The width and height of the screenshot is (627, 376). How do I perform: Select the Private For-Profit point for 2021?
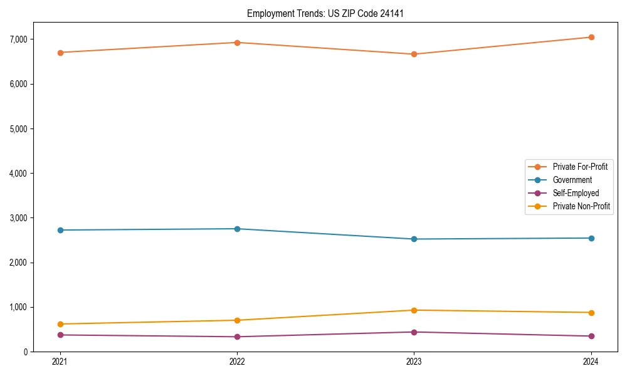pyautogui.click(x=60, y=53)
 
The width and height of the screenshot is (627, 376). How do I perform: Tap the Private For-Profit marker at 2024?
pyautogui.click(x=591, y=37)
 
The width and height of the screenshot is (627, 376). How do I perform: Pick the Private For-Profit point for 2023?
pyautogui.click(x=414, y=54)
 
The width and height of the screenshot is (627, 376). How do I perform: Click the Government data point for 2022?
pyautogui.click(x=237, y=229)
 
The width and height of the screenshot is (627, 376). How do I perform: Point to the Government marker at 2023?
pyautogui.click(x=414, y=239)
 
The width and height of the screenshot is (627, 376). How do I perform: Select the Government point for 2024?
pyautogui.click(x=591, y=238)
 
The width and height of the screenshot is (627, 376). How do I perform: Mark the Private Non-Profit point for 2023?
pyautogui.click(x=414, y=310)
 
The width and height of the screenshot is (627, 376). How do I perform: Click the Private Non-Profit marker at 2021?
pyautogui.click(x=60, y=324)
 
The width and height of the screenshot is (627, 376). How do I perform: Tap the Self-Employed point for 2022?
pyautogui.click(x=237, y=337)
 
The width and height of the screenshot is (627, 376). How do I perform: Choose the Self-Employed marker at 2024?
pyautogui.click(x=591, y=336)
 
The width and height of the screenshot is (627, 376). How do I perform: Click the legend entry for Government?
pyautogui.click(x=572, y=180)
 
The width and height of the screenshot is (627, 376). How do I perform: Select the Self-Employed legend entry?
pyautogui.click(x=576, y=193)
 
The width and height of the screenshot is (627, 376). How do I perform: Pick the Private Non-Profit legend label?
pyautogui.click(x=581, y=206)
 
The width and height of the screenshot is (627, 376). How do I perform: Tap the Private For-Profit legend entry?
pyautogui.click(x=580, y=167)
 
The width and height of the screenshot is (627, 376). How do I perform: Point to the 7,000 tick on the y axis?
pyautogui.click(x=35, y=39)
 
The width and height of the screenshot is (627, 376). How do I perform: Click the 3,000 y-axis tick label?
pyautogui.click(x=35, y=218)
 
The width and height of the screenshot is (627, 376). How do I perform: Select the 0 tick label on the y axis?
pyautogui.click(x=43, y=352)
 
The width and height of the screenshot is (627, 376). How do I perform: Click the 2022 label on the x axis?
pyautogui.click(x=237, y=362)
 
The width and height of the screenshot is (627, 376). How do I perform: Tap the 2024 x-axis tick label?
pyautogui.click(x=591, y=362)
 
